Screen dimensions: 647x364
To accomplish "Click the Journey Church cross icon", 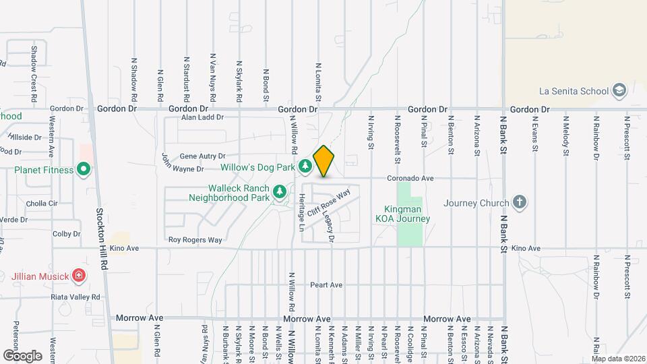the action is (x=519, y=202).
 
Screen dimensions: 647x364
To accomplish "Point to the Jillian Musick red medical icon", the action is (x=79, y=275).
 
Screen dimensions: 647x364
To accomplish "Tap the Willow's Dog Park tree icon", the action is (x=305, y=165).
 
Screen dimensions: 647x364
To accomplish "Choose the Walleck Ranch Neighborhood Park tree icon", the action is (x=280, y=193).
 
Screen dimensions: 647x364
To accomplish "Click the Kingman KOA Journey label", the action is (x=403, y=214).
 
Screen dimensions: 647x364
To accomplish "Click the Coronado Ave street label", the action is (x=410, y=179).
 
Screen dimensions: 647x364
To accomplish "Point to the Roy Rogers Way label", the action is (x=195, y=240).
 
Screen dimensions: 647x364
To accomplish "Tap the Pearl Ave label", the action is (x=326, y=285).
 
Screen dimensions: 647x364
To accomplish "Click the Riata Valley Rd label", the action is (x=75, y=297).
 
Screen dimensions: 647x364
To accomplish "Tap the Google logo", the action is (x=22, y=355).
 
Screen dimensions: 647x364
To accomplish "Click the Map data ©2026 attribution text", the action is (x=618, y=359).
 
